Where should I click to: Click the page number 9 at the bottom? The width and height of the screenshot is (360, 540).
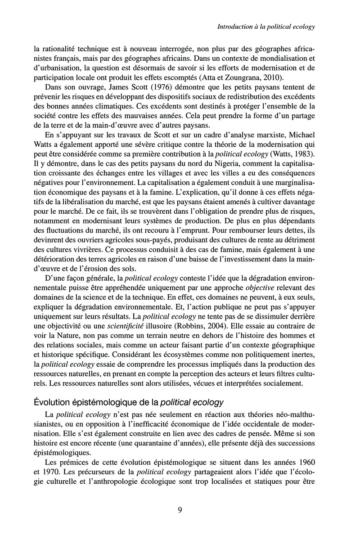point(180,510)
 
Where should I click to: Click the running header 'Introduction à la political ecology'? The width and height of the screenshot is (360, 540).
point(265,27)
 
